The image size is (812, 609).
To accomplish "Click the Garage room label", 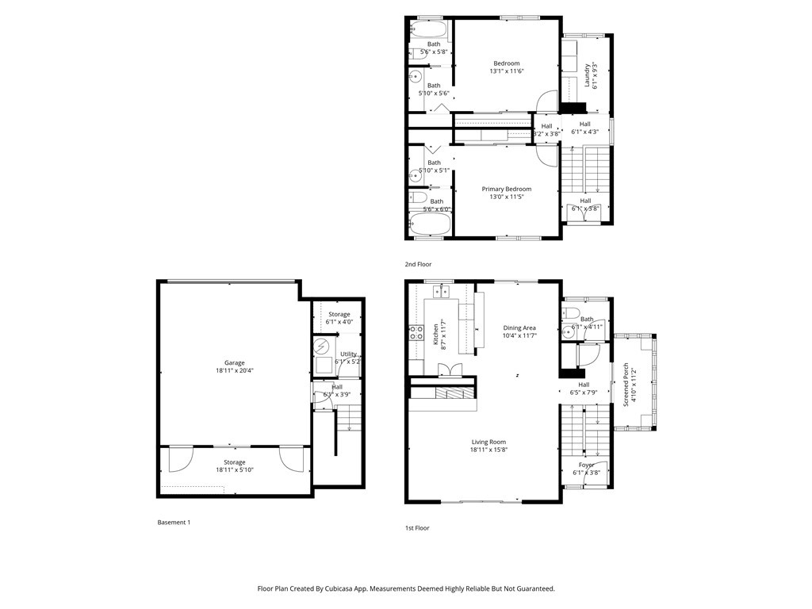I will [234, 363].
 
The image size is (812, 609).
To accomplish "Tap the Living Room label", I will [488, 442].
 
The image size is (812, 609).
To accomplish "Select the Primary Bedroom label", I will [507, 189].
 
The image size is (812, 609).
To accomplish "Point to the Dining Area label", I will [519, 327].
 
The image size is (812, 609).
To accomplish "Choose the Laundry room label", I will [588, 75].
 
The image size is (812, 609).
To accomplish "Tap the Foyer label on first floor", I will [586, 465].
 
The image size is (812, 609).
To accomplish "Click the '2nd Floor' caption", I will [418, 264].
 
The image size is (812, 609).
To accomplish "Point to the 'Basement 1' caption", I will [174, 523].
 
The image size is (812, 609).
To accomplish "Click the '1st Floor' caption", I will [417, 527].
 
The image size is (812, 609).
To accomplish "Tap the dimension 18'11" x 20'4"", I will [234, 371].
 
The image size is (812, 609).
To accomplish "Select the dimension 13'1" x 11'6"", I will [507, 71].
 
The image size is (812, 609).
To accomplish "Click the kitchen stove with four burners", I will [416, 332].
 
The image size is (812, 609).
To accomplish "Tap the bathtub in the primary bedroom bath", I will [429, 224].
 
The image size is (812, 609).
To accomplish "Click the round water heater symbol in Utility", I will [321, 347].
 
